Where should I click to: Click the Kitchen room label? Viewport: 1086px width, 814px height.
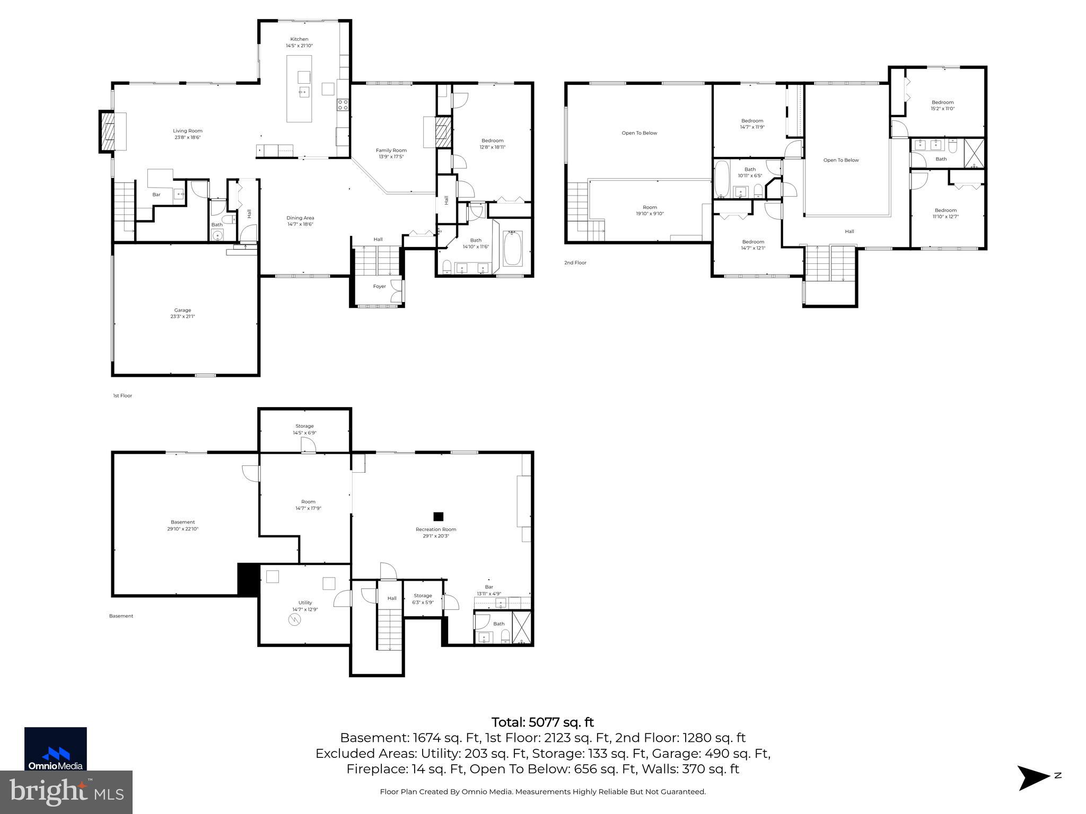(299, 39)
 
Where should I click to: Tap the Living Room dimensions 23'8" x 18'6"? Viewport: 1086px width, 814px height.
(188, 138)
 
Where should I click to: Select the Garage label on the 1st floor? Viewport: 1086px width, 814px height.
(182, 311)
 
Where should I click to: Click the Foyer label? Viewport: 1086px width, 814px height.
(380, 287)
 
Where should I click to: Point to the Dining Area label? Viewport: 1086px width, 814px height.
(300, 218)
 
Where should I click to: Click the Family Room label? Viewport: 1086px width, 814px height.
(391, 151)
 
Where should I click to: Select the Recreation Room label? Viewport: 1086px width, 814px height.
(436, 529)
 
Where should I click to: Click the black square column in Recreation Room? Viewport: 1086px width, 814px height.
(439, 516)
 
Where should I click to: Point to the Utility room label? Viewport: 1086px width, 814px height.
(305, 603)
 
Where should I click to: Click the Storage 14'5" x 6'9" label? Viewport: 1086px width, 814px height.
(304, 426)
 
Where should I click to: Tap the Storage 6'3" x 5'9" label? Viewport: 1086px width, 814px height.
(423, 596)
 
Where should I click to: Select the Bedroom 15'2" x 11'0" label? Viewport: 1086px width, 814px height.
(943, 102)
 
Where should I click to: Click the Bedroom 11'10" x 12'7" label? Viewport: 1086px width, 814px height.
(945, 210)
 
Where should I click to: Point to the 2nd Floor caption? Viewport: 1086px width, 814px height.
(575, 263)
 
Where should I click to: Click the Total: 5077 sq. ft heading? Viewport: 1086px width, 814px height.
(542, 722)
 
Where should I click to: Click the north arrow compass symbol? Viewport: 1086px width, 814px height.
(1033, 778)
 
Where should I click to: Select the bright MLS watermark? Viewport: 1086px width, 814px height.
(66, 792)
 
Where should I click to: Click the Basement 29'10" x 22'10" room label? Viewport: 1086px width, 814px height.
(182, 522)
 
